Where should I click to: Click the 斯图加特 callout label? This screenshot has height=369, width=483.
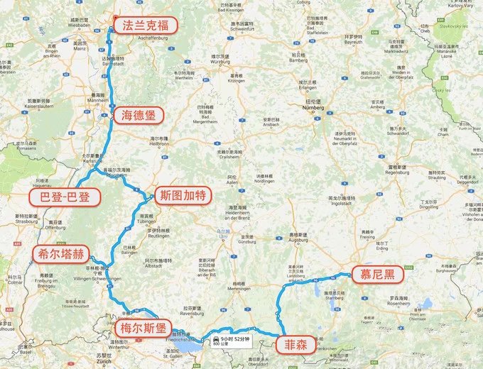183,194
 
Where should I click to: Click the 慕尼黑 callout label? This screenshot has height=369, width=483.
374,275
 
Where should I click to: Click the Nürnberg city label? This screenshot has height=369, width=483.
329,110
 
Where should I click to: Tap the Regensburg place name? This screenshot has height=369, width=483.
397,172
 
